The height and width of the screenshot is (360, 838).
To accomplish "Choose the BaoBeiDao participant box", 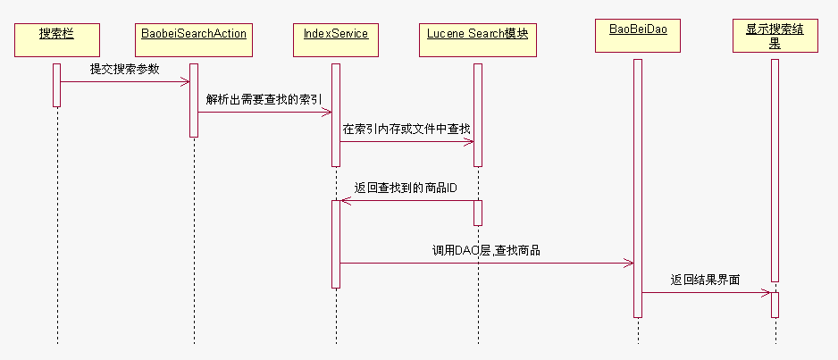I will pos(638,35).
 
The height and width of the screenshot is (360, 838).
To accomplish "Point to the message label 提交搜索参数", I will pos(124,69).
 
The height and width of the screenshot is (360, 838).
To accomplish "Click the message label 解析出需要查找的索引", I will pos(264,98).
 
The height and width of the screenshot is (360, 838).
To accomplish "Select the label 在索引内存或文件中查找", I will pos(406,129).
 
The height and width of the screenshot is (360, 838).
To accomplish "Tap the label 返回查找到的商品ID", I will pos(406,188).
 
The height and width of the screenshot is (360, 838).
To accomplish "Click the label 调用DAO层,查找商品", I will pos(486,251).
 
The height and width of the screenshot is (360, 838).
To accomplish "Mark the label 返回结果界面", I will pos(705,280).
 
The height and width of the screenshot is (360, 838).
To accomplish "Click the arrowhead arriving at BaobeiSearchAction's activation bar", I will pos(185,82).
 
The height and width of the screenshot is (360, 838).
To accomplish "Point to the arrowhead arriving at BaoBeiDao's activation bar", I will pos(629,263).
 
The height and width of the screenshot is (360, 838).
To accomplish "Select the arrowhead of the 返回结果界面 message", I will pos(766,292).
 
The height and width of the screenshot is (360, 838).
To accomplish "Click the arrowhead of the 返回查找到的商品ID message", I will pos(346,201).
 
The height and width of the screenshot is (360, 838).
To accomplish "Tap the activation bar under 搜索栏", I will pos(56,85).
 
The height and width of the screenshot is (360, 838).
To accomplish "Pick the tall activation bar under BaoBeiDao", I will pos(638,188).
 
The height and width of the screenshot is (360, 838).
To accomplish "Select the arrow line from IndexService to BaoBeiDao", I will pos(486,263).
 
